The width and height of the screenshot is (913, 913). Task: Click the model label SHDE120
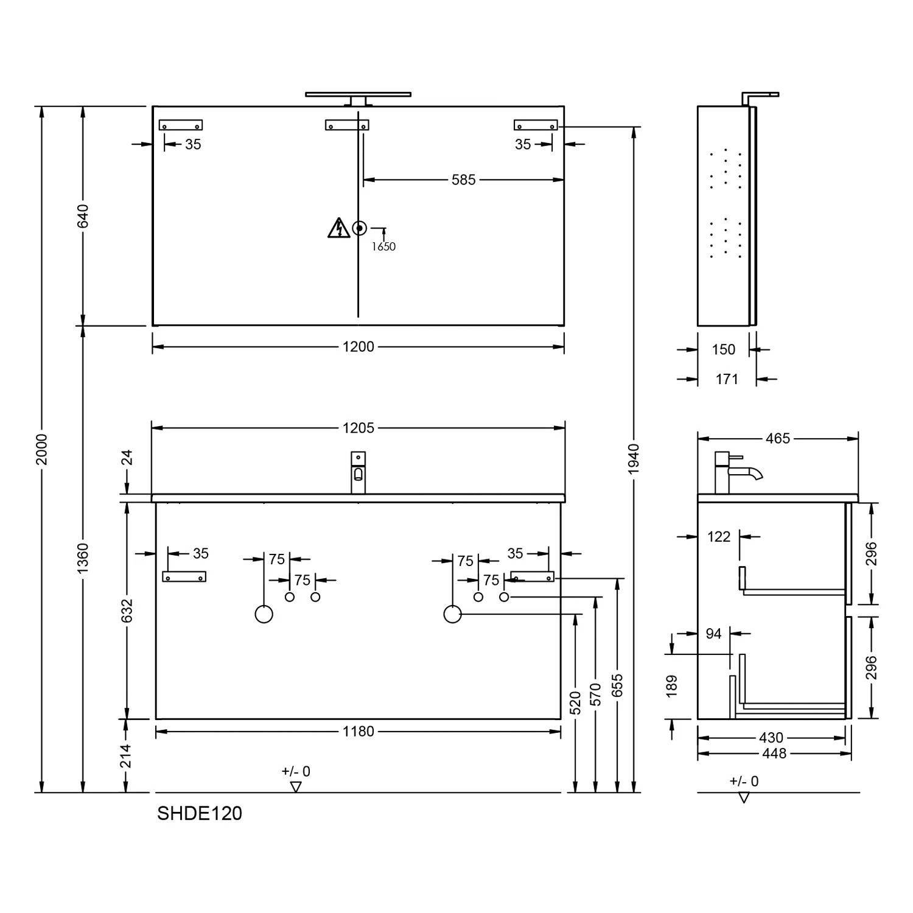click(x=200, y=813)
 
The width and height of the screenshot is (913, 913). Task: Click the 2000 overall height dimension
click(x=41, y=449)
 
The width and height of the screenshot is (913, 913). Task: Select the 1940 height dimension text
click(x=634, y=459)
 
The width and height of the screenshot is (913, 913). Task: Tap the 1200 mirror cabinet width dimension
click(x=358, y=347)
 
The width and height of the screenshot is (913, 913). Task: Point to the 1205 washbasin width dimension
click(x=358, y=428)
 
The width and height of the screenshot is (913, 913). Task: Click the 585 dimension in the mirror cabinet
click(x=463, y=180)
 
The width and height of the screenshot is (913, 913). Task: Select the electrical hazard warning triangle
click(x=338, y=228)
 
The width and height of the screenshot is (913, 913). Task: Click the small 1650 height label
click(x=383, y=247)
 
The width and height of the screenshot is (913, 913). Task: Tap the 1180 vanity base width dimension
click(x=358, y=732)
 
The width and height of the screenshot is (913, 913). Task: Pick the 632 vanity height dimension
click(x=127, y=610)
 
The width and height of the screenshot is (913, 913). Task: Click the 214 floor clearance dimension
click(x=126, y=756)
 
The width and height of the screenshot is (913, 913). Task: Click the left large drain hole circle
click(x=264, y=614)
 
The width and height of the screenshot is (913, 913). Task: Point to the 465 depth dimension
click(x=777, y=438)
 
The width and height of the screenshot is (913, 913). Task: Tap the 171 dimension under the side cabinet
click(x=727, y=379)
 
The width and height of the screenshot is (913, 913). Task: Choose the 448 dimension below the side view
click(x=774, y=754)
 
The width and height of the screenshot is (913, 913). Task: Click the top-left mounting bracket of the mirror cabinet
click(x=181, y=125)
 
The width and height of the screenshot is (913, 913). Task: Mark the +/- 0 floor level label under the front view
click(x=296, y=772)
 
